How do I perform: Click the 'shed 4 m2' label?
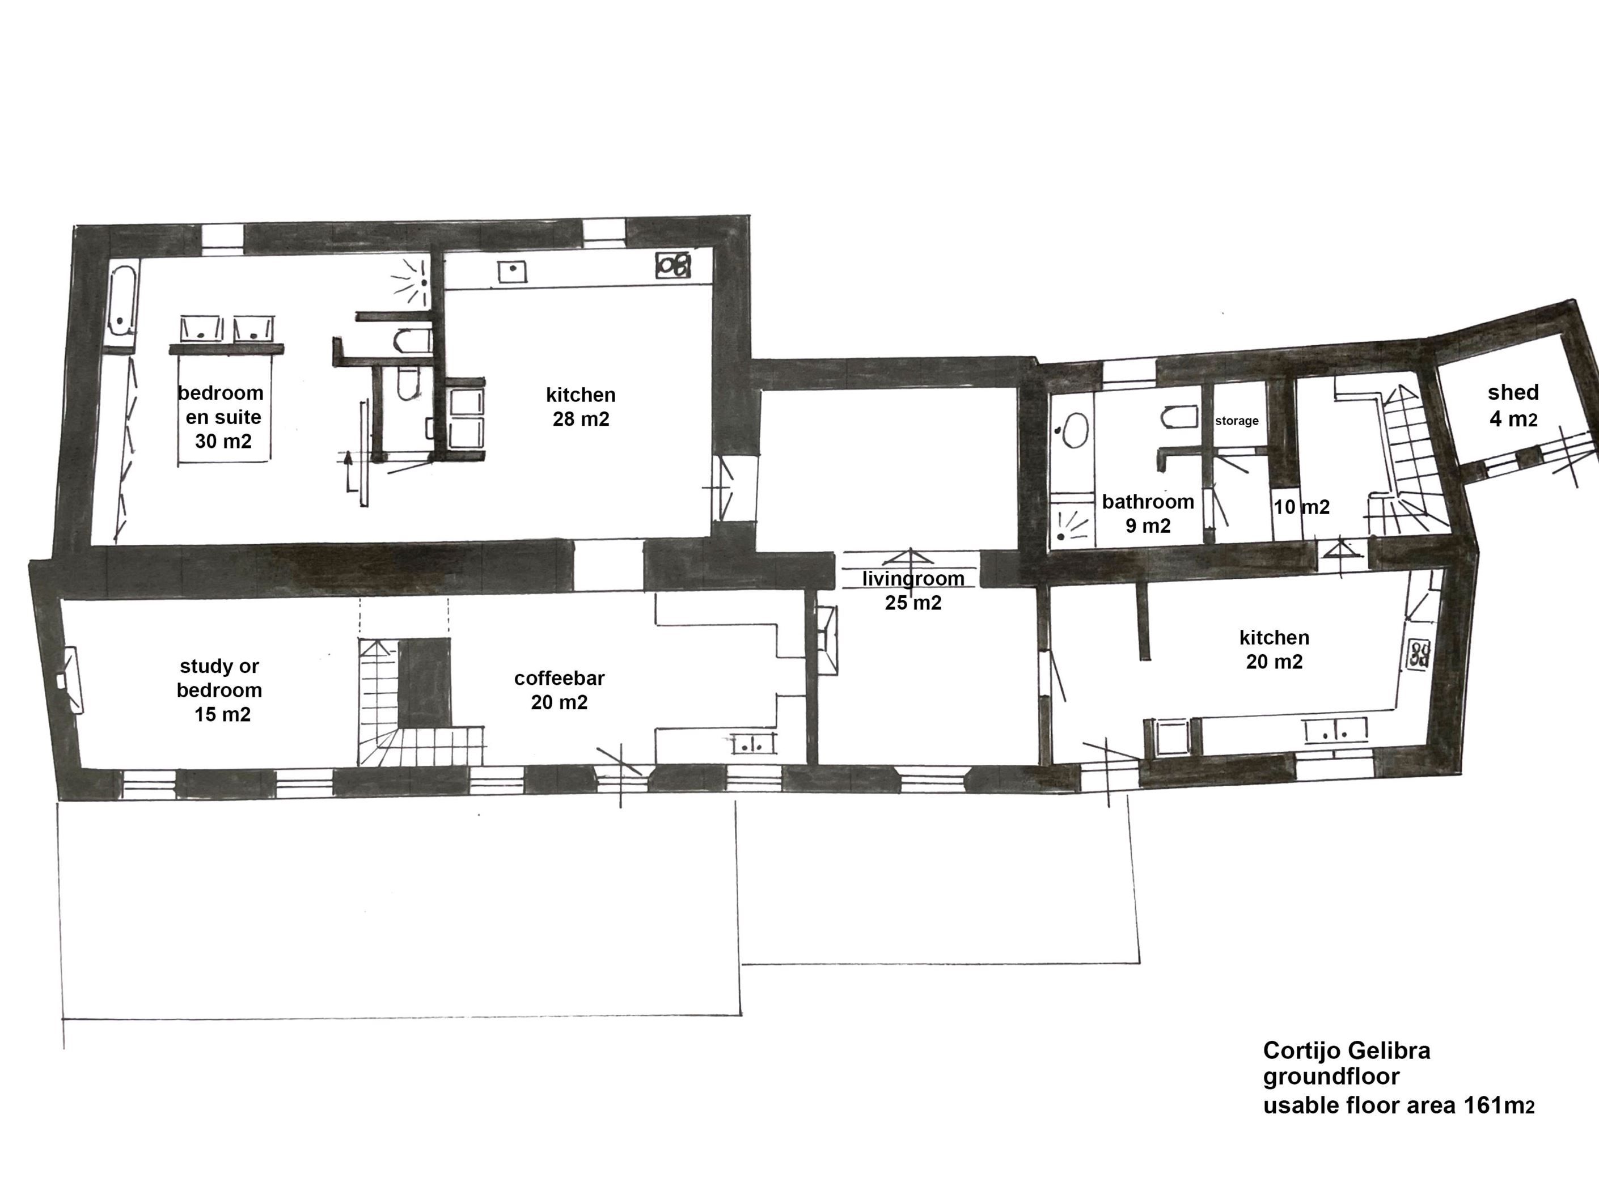[x=1513, y=405]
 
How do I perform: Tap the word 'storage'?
[x=1236, y=421]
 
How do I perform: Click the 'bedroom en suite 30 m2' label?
[x=221, y=417]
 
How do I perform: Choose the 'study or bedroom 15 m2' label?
[x=220, y=689]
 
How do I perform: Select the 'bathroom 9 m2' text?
[x=1148, y=513]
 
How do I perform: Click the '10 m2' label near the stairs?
[x=1301, y=507]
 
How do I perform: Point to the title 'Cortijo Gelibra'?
[x=1346, y=1050]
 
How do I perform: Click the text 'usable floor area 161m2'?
[x=1398, y=1105]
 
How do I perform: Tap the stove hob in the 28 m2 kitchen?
[x=673, y=265]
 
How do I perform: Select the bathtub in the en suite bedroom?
[x=124, y=302]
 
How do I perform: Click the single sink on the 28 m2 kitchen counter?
[x=512, y=272]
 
